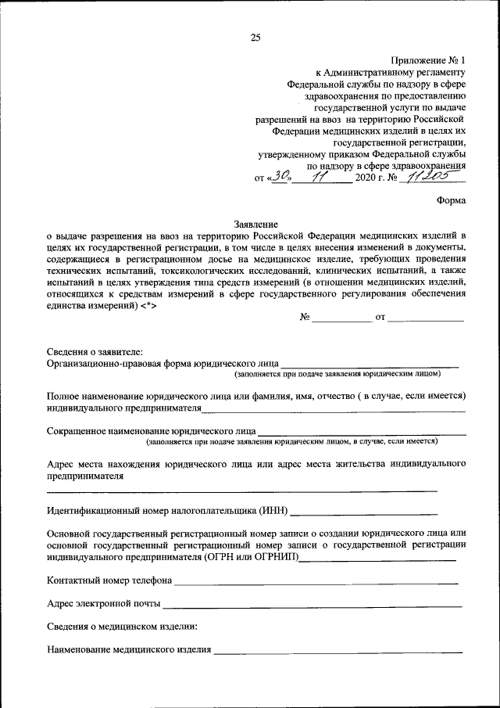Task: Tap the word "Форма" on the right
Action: tap(451, 199)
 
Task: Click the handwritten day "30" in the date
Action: tap(280, 177)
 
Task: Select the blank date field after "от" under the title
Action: tap(426, 319)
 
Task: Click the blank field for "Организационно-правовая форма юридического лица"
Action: tap(369, 364)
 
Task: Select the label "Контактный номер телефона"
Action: tap(109, 581)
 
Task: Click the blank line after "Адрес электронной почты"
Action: tap(312, 604)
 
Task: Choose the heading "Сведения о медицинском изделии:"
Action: tap(122, 627)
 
